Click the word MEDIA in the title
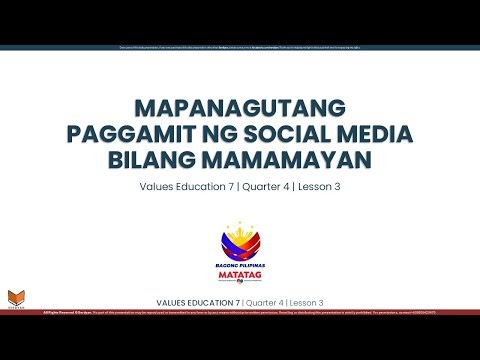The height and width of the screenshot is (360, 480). click(388, 134)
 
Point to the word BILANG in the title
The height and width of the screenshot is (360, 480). click(174, 160)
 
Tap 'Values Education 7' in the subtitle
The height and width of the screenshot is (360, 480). click(181, 187)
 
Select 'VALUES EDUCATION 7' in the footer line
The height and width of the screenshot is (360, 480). click(199, 302)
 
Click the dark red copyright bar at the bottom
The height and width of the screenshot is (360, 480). click(240, 312)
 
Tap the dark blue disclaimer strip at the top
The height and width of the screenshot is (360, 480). click(240, 48)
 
